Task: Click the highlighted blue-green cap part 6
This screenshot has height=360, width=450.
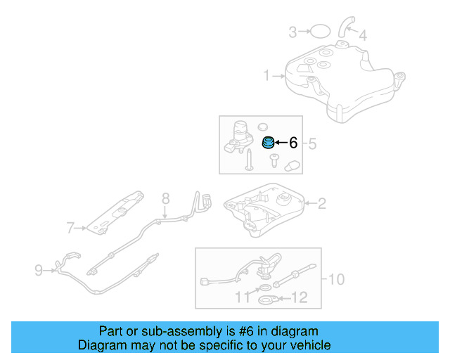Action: coord(268,143)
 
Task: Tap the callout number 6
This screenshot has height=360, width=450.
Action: coord(293,143)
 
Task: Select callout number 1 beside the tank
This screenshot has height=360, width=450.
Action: coord(267,75)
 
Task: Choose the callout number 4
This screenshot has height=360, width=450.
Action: coord(363,35)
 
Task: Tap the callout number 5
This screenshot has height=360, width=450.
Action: coord(313,144)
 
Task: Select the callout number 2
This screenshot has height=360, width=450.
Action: coord(322,204)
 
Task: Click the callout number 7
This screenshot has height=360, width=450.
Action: coord(70,227)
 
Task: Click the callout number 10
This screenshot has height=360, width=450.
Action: coord(336,279)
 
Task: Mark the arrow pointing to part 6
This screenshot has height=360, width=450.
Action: coord(280,143)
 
